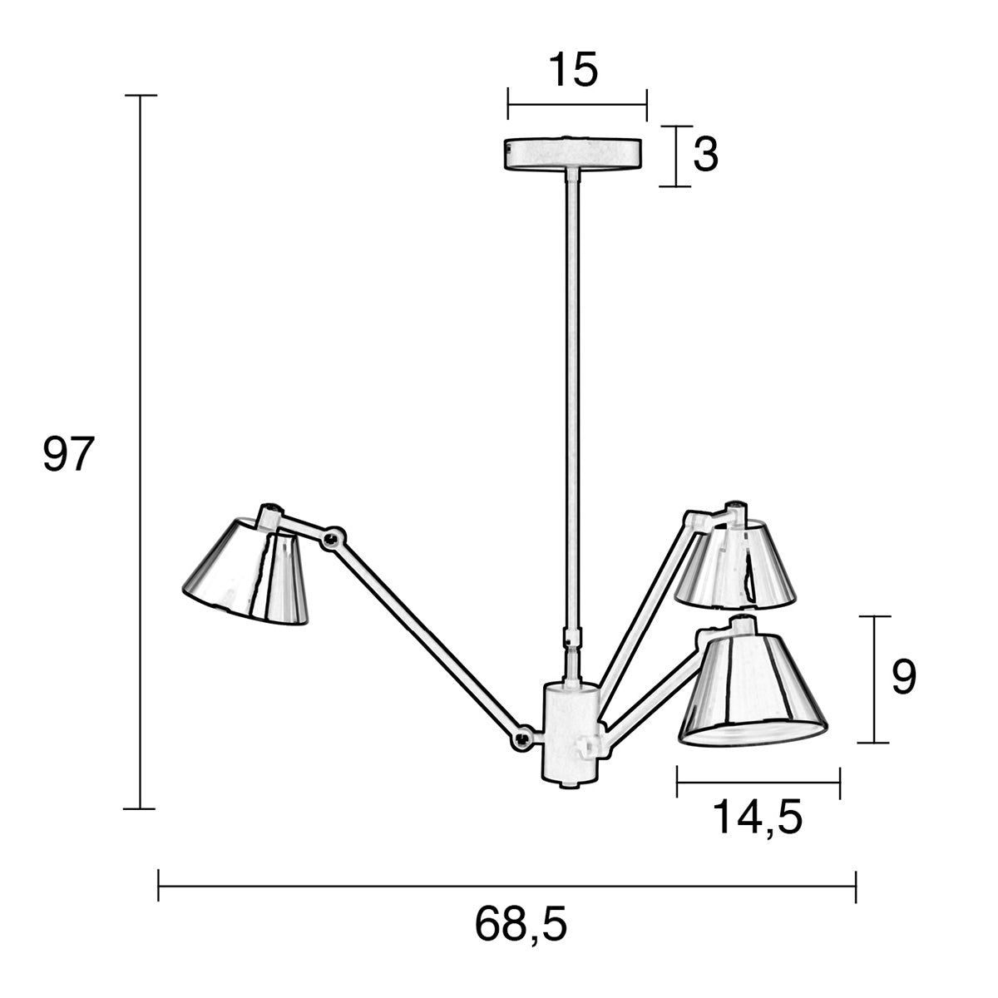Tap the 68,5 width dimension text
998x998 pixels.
tap(521, 924)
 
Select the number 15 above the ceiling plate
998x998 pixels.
tap(572, 71)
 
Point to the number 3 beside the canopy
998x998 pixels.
tap(705, 155)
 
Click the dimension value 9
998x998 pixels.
tap(903, 678)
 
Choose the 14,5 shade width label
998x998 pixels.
tap(758, 818)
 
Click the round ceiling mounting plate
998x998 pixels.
tap(574, 154)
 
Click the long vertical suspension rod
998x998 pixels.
tap(572, 399)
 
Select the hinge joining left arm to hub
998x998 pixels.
tap(523, 737)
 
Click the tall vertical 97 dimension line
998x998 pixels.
tap(141, 453)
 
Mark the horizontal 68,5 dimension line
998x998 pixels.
tap(507, 887)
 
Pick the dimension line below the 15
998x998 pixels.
tap(577, 106)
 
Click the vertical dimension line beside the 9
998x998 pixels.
tap(873, 679)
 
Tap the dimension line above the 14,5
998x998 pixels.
tap(758, 782)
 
